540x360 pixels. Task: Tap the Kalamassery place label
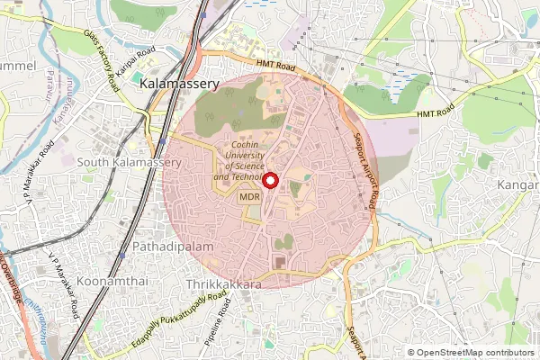tap(180, 83)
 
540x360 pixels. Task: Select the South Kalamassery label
tap(129, 162)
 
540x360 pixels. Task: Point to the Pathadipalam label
tap(171, 245)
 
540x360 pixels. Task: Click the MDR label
tap(250, 197)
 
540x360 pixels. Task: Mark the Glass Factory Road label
tap(102, 59)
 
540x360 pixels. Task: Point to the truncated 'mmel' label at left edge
tap(18, 67)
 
